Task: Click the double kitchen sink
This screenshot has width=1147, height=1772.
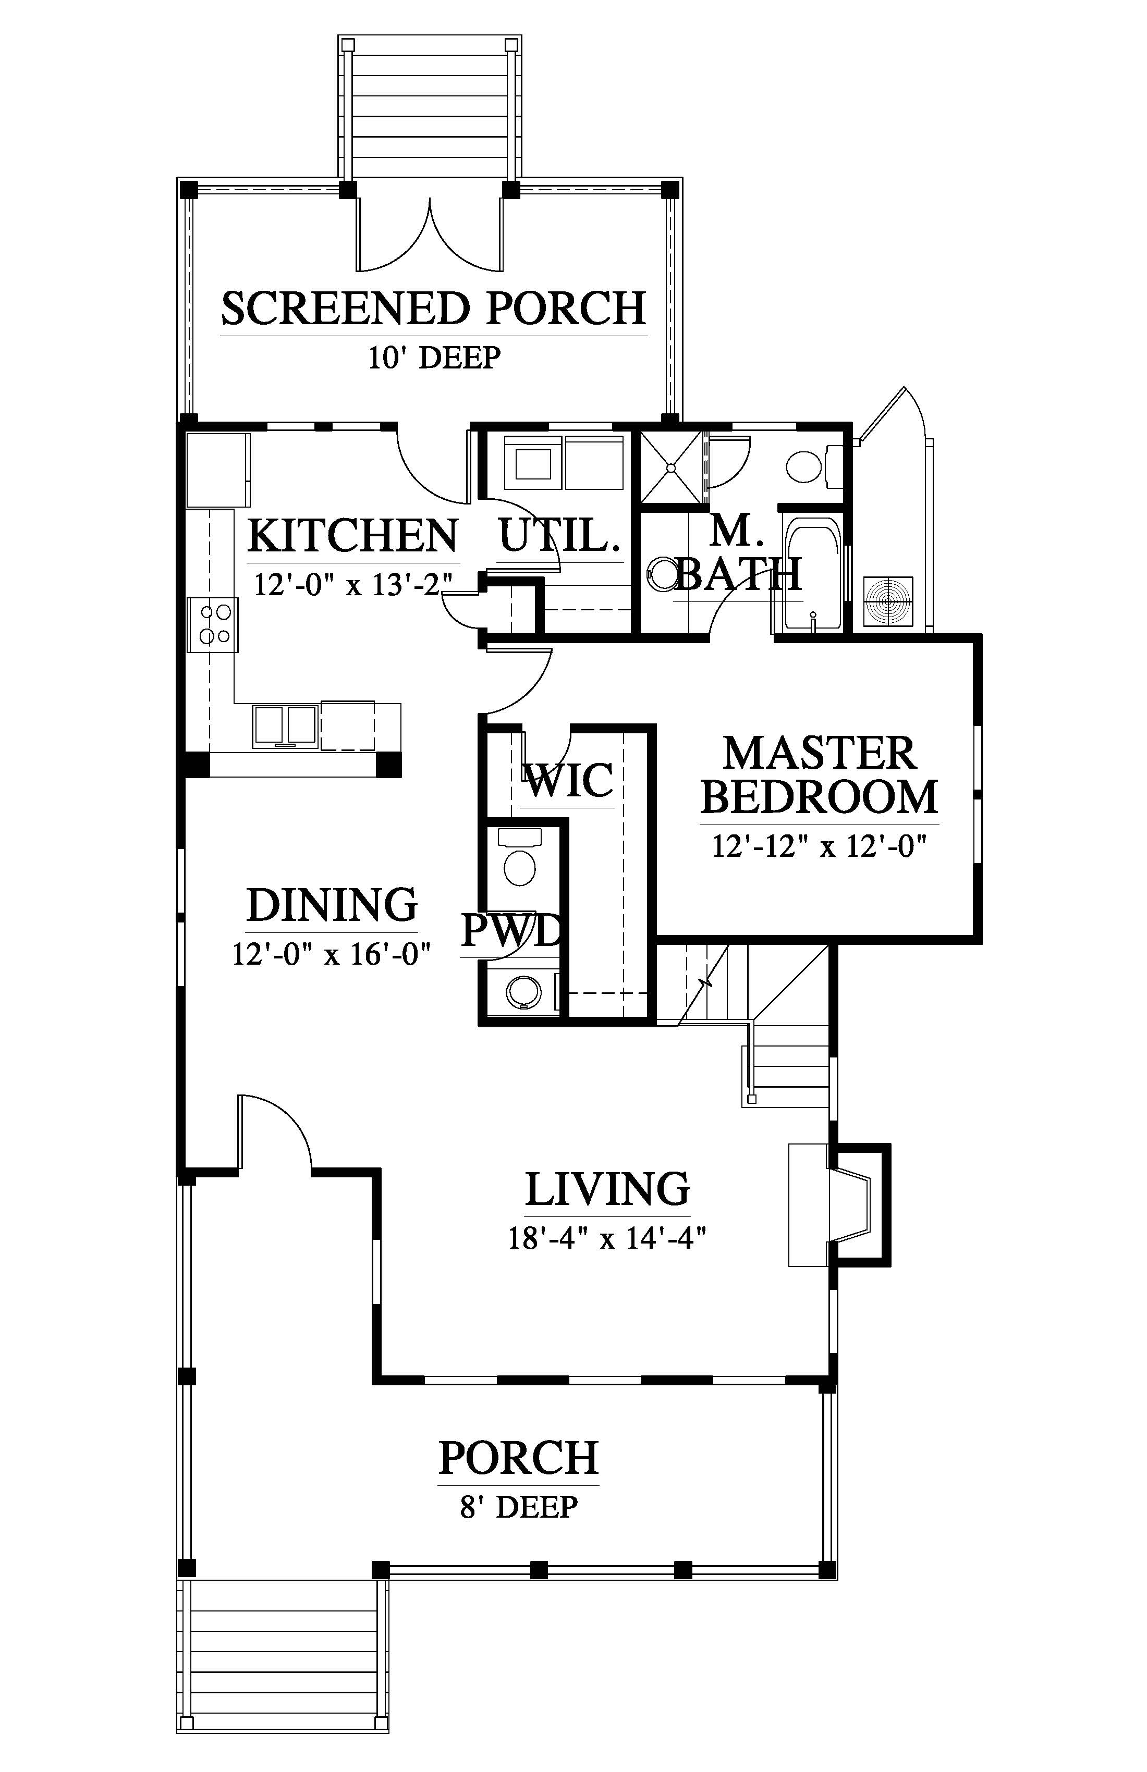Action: (285, 726)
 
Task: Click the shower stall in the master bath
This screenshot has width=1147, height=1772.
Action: (671, 467)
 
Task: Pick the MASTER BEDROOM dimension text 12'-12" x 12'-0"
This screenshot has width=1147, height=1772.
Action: (819, 847)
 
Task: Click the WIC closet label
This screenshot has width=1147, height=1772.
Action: (570, 780)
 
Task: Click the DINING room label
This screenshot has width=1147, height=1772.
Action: (332, 905)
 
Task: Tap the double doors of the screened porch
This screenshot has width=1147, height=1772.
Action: (429, 233)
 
